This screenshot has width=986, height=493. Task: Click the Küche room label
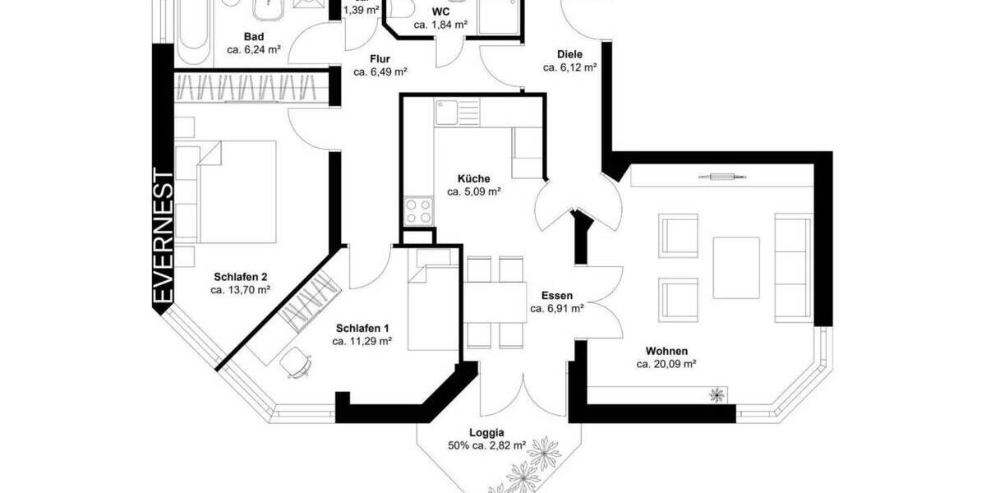pos(474,178)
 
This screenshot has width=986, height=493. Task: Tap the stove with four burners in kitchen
pos(419,210)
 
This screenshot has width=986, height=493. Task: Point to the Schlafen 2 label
pos(241,277)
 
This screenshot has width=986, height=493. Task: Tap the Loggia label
pos(487,433)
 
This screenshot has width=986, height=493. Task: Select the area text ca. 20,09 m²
pos(666,364)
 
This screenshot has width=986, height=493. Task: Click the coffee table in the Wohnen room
pos(736,267)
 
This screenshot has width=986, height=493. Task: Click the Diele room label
pos(569,54)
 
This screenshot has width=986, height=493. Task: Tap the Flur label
pos(380,59)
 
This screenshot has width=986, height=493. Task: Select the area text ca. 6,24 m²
pos(254,49)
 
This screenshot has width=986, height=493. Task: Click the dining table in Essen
pos(495,302)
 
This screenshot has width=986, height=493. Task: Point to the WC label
pos(440,12)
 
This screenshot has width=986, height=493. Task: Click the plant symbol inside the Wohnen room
pos(718,395)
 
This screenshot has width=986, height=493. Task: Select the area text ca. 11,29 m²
pos(362,341)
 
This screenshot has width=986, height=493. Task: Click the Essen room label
pos(556,296)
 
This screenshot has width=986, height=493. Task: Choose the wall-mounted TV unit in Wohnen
pos(721,176)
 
